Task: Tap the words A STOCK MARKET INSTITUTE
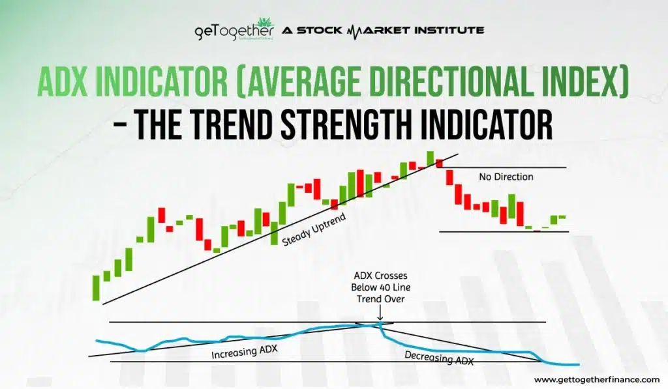pos(384,30)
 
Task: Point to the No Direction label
pos(506,177)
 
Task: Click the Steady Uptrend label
pos(313,229)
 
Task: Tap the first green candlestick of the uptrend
pos(96,288)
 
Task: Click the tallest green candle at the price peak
pos(430,158)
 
